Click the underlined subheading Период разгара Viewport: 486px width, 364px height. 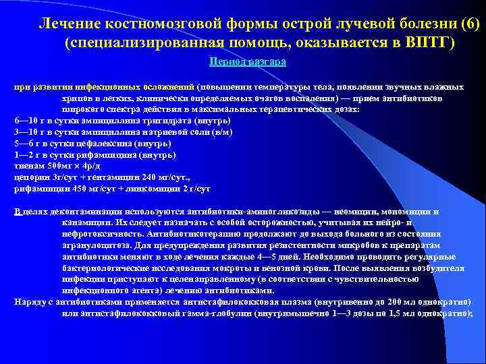click(x=248, y=61)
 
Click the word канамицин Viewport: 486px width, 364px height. click(x=82, y=222)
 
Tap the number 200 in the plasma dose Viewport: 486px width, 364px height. click(x=400, y=301)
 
